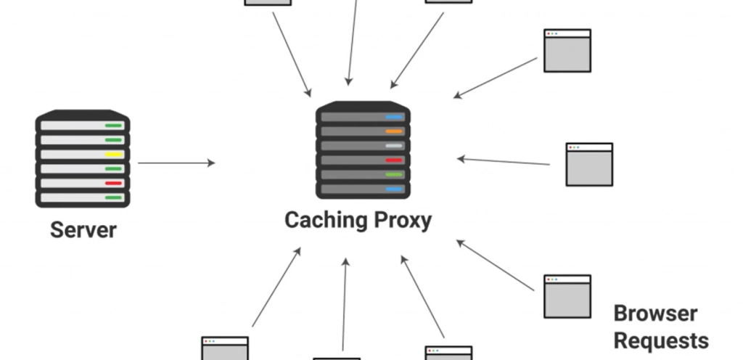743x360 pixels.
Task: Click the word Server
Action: click(x=83, y=230)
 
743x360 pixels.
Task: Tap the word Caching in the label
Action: click(x=326, y=221)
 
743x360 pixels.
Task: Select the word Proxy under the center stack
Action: click(x=403, y=221)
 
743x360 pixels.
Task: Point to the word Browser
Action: click(x=655, y=314)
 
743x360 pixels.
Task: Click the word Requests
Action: click(x=661, y=341)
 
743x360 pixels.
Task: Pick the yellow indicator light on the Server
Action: click(x=113, y=155)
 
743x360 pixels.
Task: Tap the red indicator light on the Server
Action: click(x=113, y=184)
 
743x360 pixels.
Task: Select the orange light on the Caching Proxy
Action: click(x=394, y=131)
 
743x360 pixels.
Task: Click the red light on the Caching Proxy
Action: click(x=394, y=160)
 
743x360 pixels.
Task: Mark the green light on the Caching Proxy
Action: click(x=394, y=175)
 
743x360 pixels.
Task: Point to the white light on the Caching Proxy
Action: click(x=394, y=146)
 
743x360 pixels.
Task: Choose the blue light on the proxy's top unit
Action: click(x=394, y=117)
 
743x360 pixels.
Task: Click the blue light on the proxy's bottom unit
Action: click(x=394, y=189)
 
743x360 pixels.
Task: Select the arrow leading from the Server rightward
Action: click(x=176, y=163)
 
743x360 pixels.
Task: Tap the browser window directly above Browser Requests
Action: click(x=567, y=297)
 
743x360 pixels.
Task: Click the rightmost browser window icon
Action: click(x=589, y=164)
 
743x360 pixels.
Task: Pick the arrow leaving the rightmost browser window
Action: click(x=504, y=162)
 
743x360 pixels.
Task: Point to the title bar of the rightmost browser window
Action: click(x=589, y=147)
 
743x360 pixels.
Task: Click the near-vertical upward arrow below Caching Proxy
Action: click(x=345, y=305)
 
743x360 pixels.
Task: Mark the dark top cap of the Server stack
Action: click(x=83, y=115)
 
